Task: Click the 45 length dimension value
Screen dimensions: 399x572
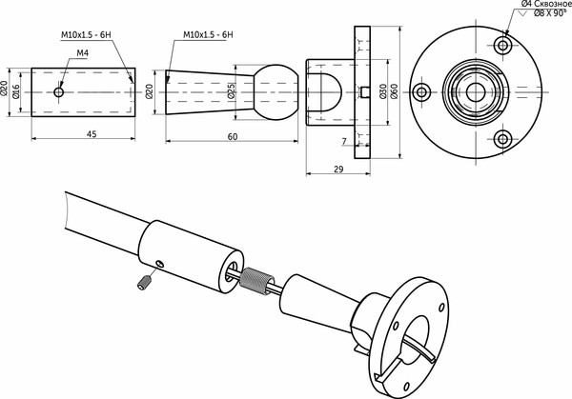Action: coord(91,133)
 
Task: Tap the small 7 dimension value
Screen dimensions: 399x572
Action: coord(344,141)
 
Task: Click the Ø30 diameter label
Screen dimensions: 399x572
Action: coord(381,92)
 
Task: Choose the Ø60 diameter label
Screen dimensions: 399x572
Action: coord(394,92)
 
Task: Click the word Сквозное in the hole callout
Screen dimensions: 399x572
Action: coord(547,6)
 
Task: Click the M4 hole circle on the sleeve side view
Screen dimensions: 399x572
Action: coord(59,92)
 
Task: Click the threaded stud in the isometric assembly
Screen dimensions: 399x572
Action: coord(254,281)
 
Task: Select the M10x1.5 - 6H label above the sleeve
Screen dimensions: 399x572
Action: coord(83,34)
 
